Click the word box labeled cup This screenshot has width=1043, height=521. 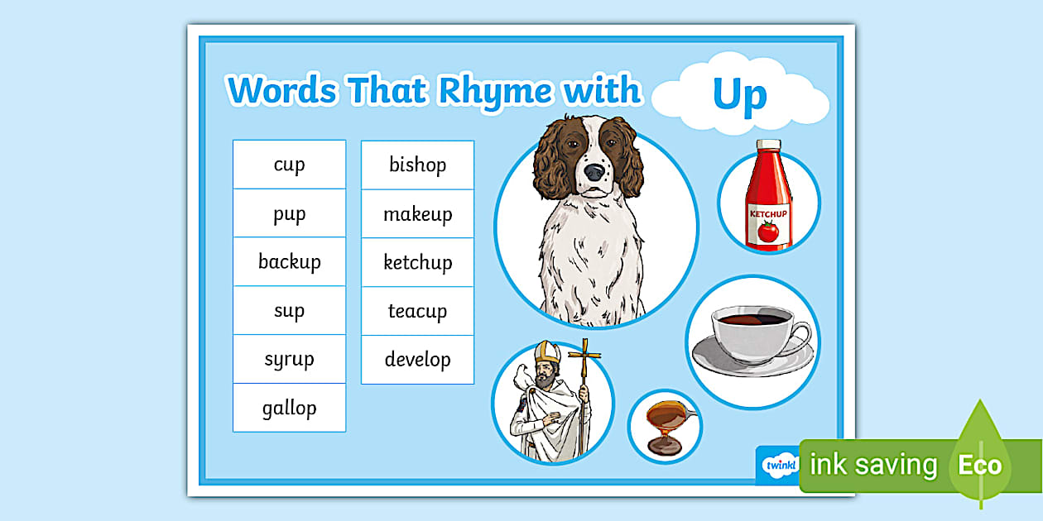point(289,165)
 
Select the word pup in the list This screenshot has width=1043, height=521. point(289,213)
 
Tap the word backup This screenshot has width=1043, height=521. point(289,262)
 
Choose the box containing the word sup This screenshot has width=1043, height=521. point(289,311)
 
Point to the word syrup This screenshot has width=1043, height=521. point(289,360)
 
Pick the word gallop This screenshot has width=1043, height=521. point(289,408)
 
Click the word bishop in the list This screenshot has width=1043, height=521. point(417,165)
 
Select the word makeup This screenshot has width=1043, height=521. point(417,214)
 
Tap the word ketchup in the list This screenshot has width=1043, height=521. point(417,263)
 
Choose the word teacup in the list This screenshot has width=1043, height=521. point(417,311)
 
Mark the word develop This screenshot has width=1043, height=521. point(417,360)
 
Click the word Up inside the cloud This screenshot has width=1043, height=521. point(739,95)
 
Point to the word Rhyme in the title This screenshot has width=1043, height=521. point(493,90)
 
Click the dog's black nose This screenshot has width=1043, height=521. point(594,172)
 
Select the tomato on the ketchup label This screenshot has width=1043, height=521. point(768,232)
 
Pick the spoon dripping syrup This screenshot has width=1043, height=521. point(667,413)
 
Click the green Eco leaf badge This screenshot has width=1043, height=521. point(981,463)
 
